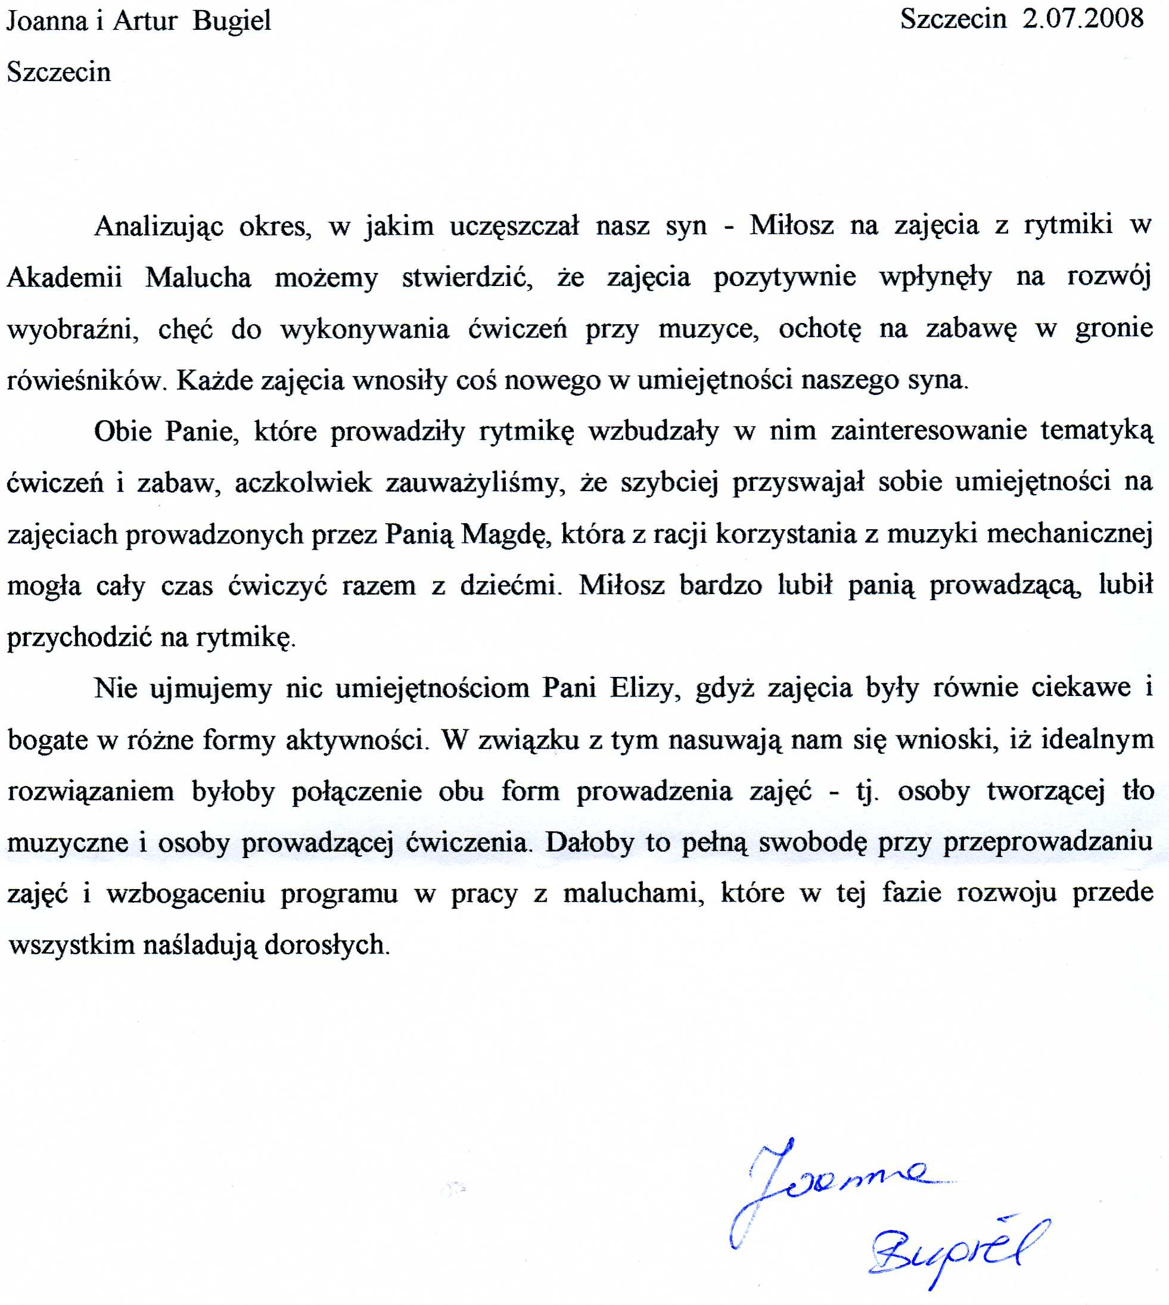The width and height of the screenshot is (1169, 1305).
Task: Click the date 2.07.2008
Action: pyautogui.click(x=1083, y=18)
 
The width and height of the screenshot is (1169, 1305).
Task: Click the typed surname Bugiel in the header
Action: pyautogui.click(x=232, y=21)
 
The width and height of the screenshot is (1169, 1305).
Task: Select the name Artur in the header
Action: pyautogui.click(x=145, y=21)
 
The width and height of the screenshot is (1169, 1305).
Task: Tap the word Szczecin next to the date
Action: pyautogui.click(x=953, y=18)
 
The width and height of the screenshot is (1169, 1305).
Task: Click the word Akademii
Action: pyautogui.click(x=64, y=278)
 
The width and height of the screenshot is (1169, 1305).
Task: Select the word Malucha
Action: pyautogui.click(x=198, y=278)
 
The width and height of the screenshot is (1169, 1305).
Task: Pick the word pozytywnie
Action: pyautogui.click(x=785, y=278)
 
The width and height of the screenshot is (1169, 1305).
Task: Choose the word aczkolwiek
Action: pyautogui.click(x=303, y=482)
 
